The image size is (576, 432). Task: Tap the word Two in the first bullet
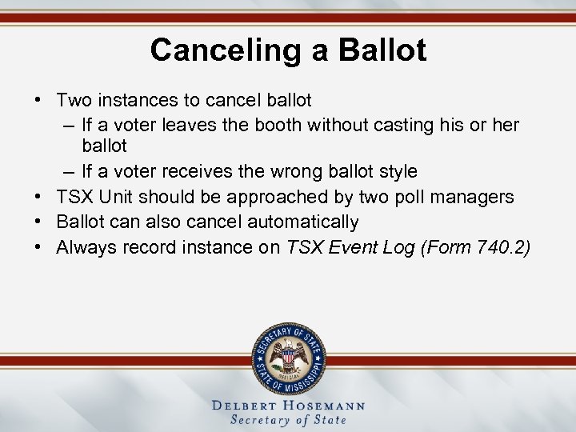click(74, 101)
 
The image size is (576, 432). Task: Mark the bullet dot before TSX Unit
click(38, 197)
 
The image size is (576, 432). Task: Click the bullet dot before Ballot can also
click(38, 222)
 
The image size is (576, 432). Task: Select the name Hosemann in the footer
click(325, 405)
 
